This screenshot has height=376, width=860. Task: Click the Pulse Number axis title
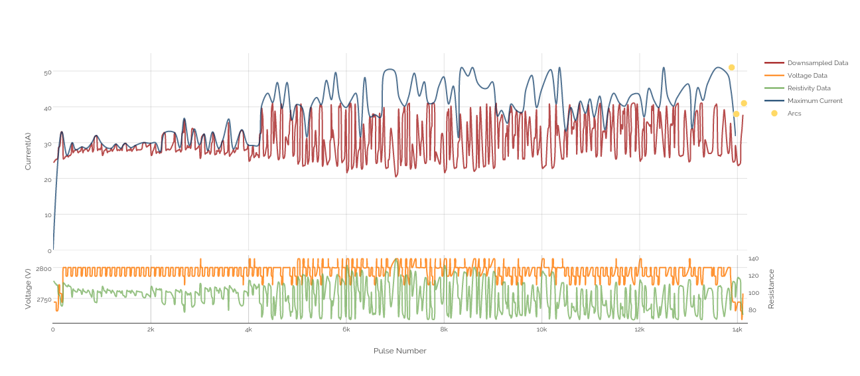pos(399,351)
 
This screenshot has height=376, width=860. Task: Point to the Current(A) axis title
pos(28,151)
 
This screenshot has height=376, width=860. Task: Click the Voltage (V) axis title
pos(28,289)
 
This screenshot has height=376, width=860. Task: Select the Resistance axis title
pos(771,289)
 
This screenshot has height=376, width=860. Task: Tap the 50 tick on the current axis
pos(47,72)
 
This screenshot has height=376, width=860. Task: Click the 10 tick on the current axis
pos(47,215)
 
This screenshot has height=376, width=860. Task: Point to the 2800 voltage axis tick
pos(43,269)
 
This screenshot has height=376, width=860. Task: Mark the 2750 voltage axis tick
pos(43,300)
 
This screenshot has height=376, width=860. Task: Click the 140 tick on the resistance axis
pos(753,258)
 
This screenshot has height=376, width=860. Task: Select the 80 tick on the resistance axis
pos(752,310)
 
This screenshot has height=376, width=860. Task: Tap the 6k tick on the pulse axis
pos(346,329)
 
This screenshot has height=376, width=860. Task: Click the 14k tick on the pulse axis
pos(737,329)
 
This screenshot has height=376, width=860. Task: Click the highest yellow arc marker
pos(731,68)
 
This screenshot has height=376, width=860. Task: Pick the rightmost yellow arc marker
pos(744,104)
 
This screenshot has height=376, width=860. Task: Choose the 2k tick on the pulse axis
pos(151,329)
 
